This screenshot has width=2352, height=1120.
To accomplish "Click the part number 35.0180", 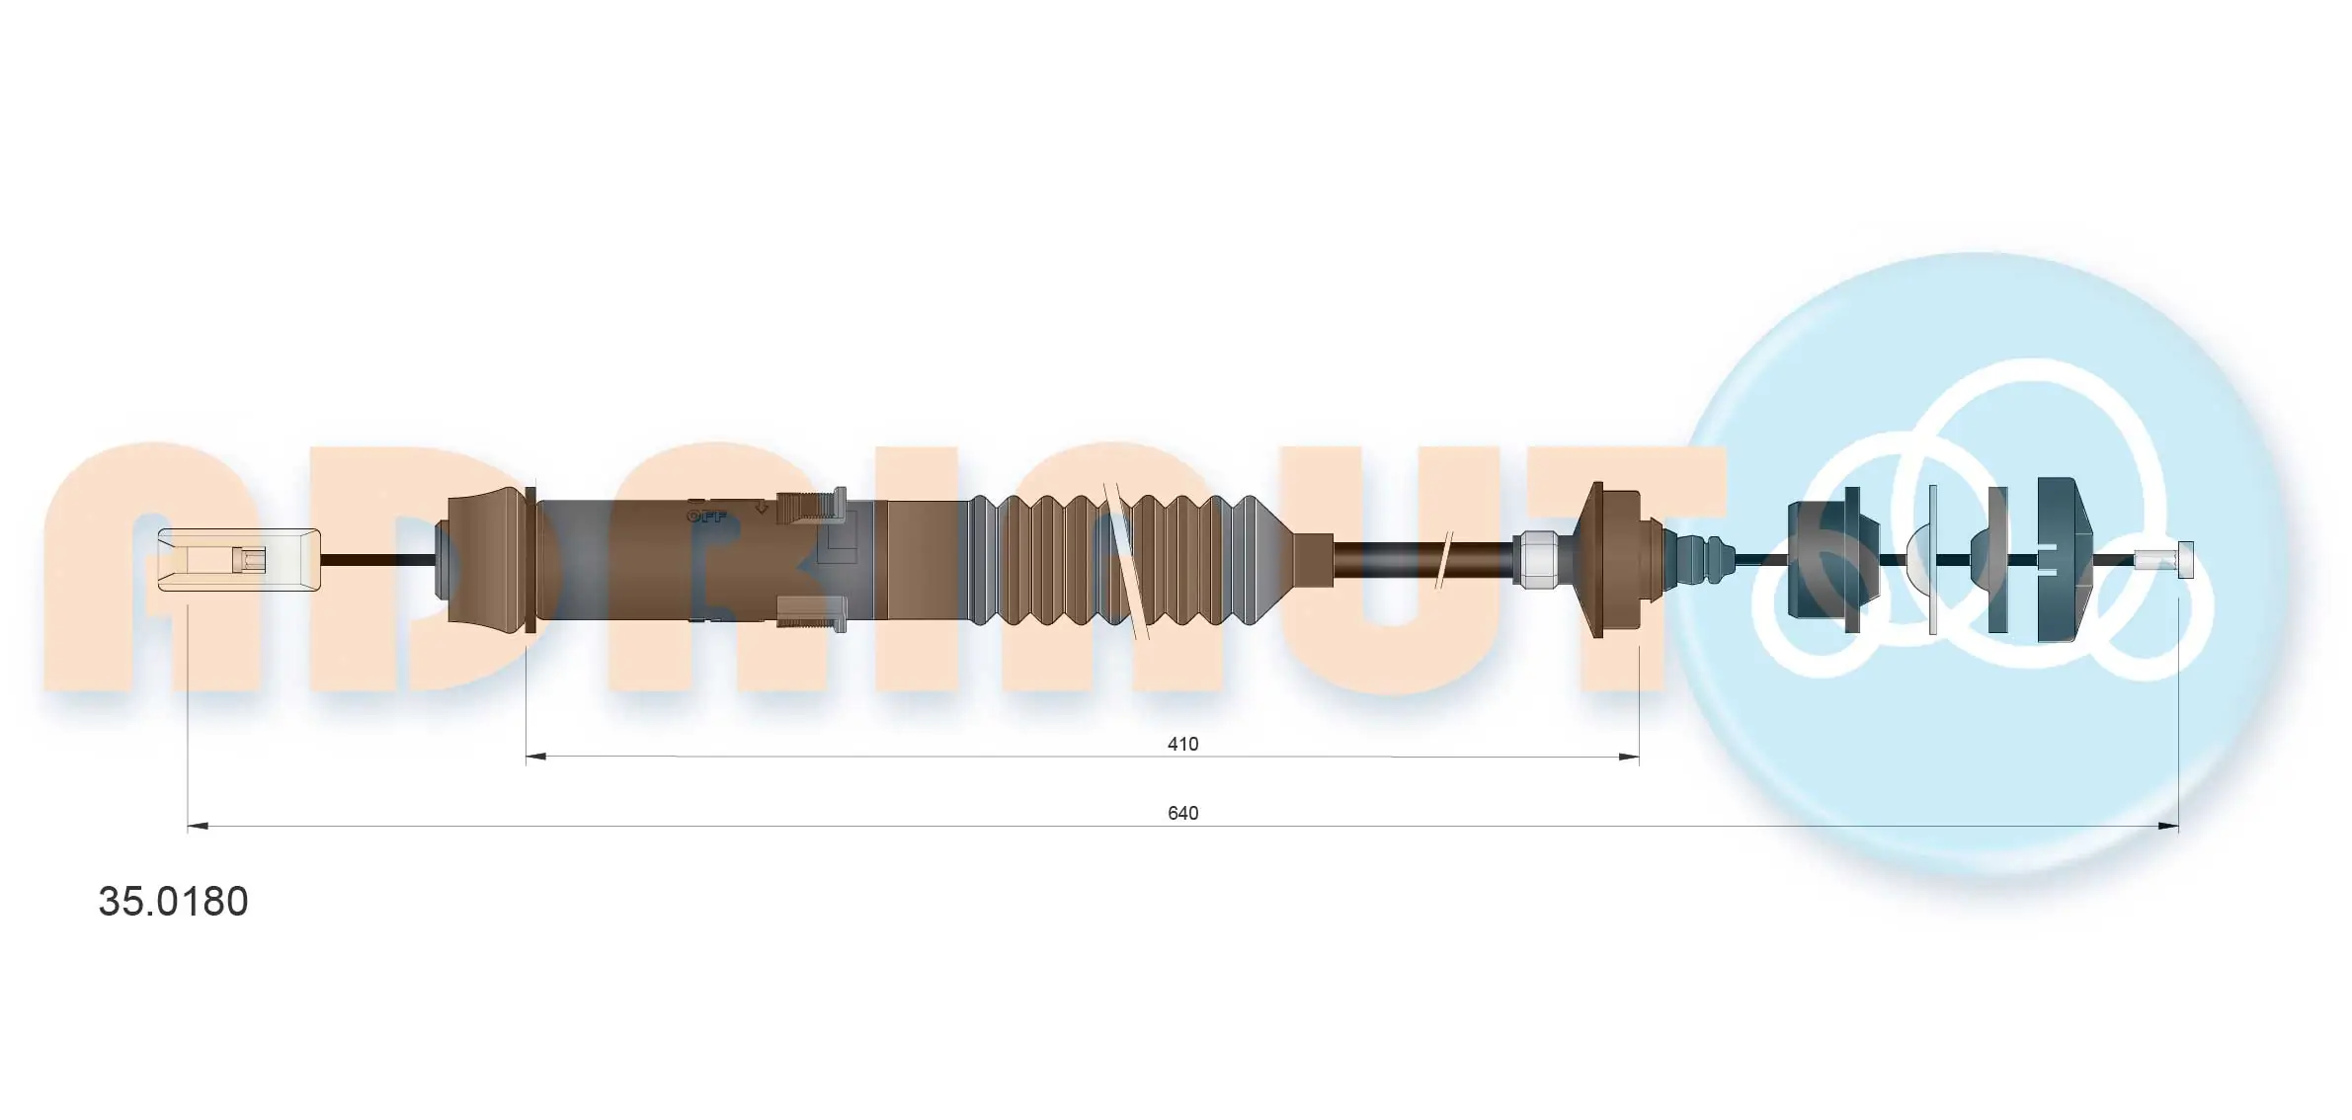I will point(173,902).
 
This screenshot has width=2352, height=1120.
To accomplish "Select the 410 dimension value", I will point(1182,744).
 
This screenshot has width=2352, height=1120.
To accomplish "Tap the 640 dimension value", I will point(1182,813).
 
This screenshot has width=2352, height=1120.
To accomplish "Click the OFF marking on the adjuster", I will point(706,517).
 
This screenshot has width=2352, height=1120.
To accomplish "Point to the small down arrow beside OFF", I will point(761,508).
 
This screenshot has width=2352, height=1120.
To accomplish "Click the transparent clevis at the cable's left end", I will point(239,560).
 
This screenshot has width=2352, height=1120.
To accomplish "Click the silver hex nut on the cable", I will point(1536,559).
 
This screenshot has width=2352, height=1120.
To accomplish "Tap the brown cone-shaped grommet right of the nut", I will point(1605,559).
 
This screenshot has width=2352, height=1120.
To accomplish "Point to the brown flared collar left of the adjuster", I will point(489,560).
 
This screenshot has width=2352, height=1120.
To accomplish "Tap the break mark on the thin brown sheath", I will point(1443,560).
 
